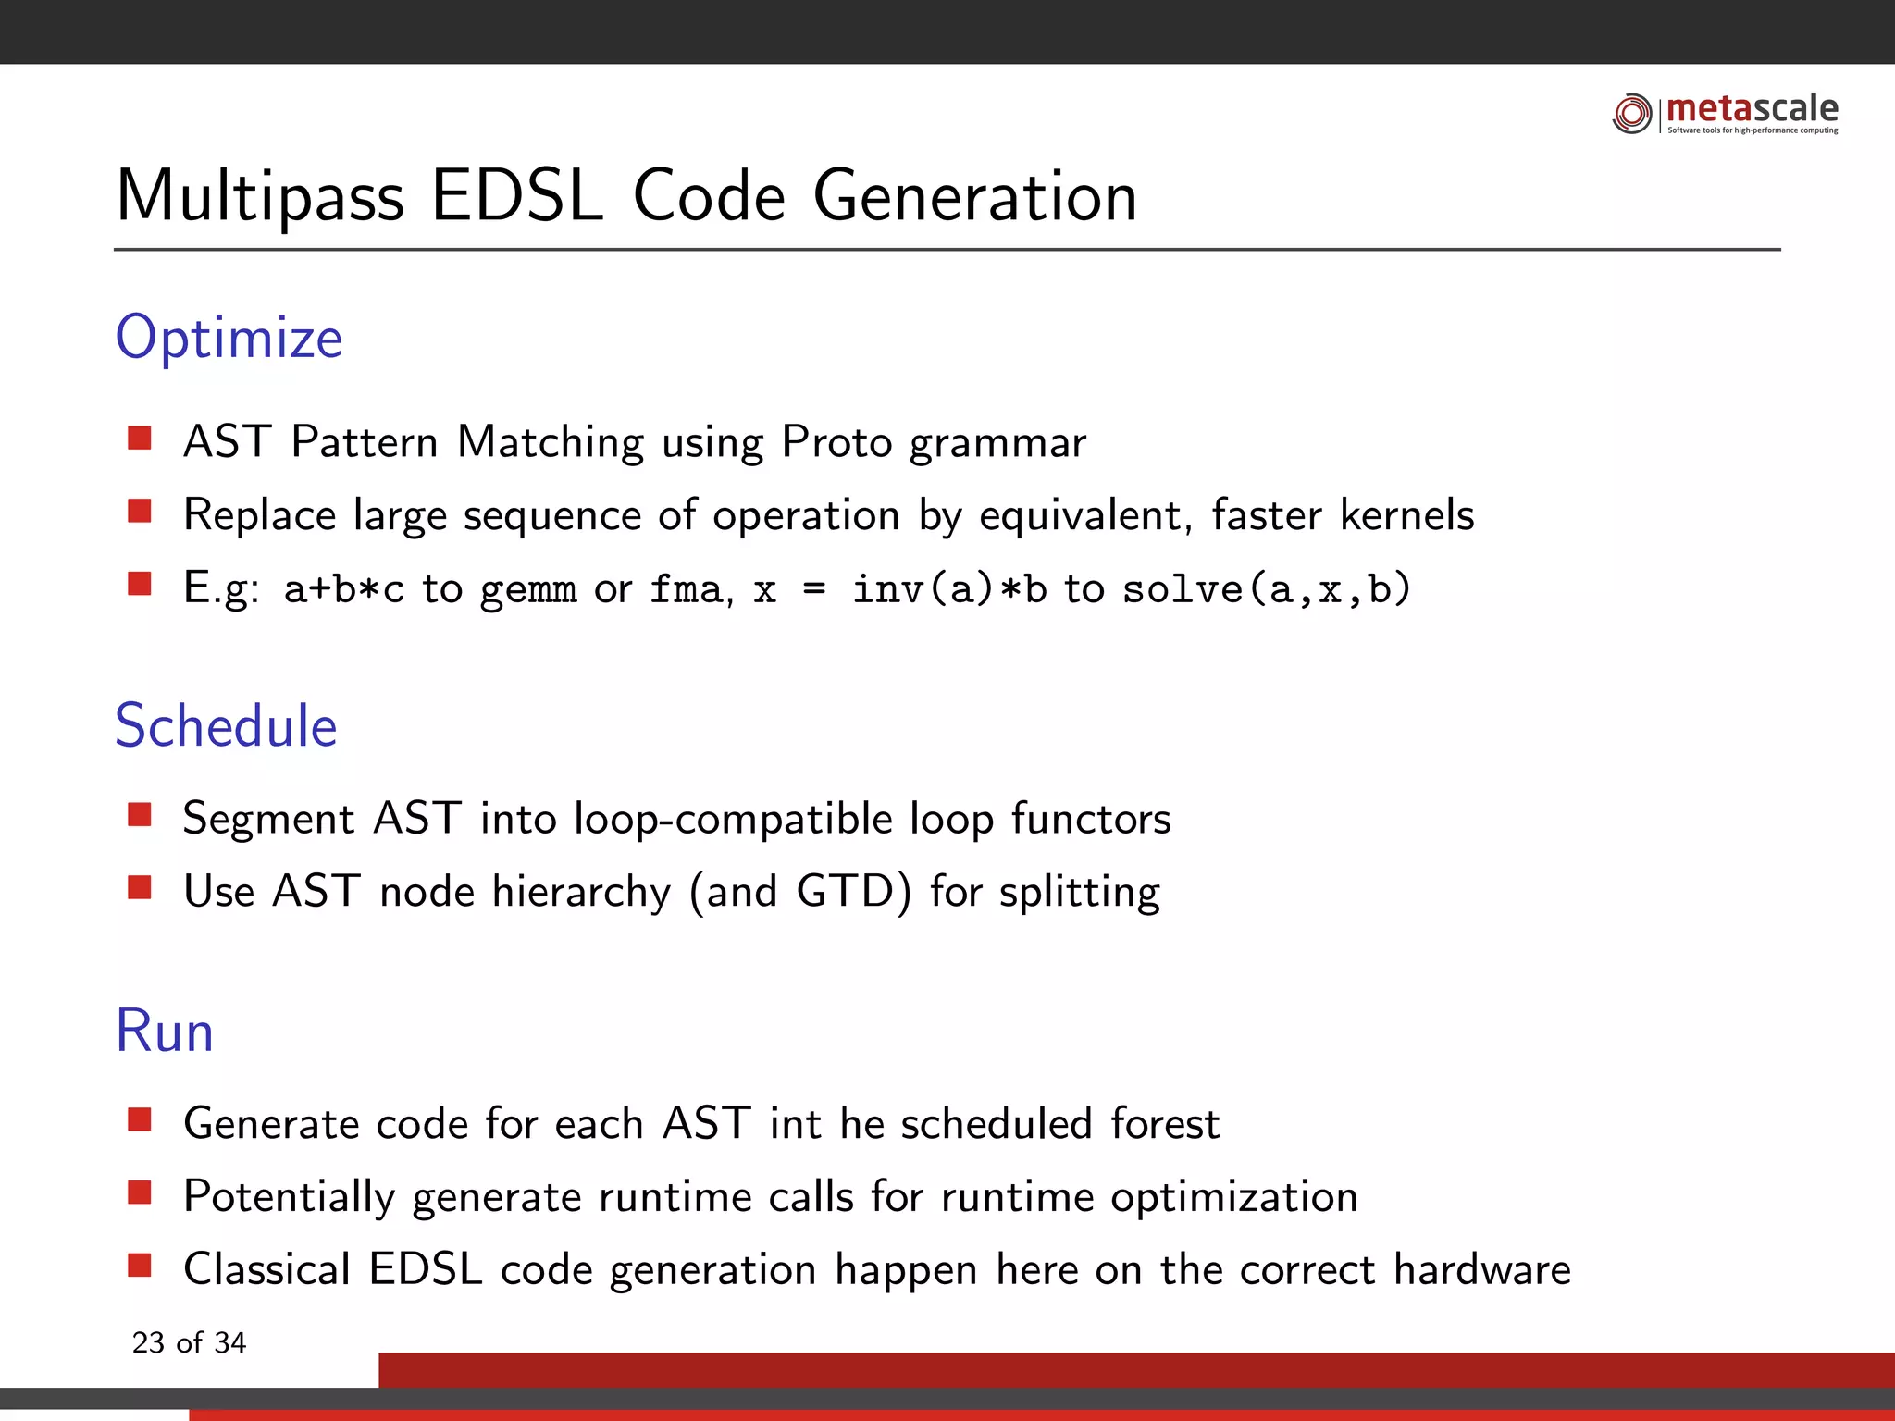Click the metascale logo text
pyautogui.click(x=1752, y=109)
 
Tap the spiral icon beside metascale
pyautogui.click(x=1632, y=114)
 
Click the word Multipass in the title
pyautogui.click(x=260, y=197)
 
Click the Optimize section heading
pyautogui.click(x=229, y=338)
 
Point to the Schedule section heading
pyautogui.click(x=226, y=726)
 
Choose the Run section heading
pyautogui.click(x=165, y=1032)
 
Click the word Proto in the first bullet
pyautogui.click(x=836, y=442)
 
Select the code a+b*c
pyautogui.click(x=344, y=590)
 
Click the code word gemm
pyautogui.click(x=528, y=590)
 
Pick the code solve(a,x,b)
pyautogui.click(x=1266, y=590)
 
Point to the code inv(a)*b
pyautogui.click(x=949, y=590)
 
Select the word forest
pyautogui.click(x=1165, y=1124)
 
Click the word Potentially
pyautogui.click(x=289, y=1197)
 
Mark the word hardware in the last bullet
pyautogui.click(x=1481, y=1270)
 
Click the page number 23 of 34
pyautogui.click(x=189, y=1342)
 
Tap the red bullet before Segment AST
pyautogui.click(x=140, y=814)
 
